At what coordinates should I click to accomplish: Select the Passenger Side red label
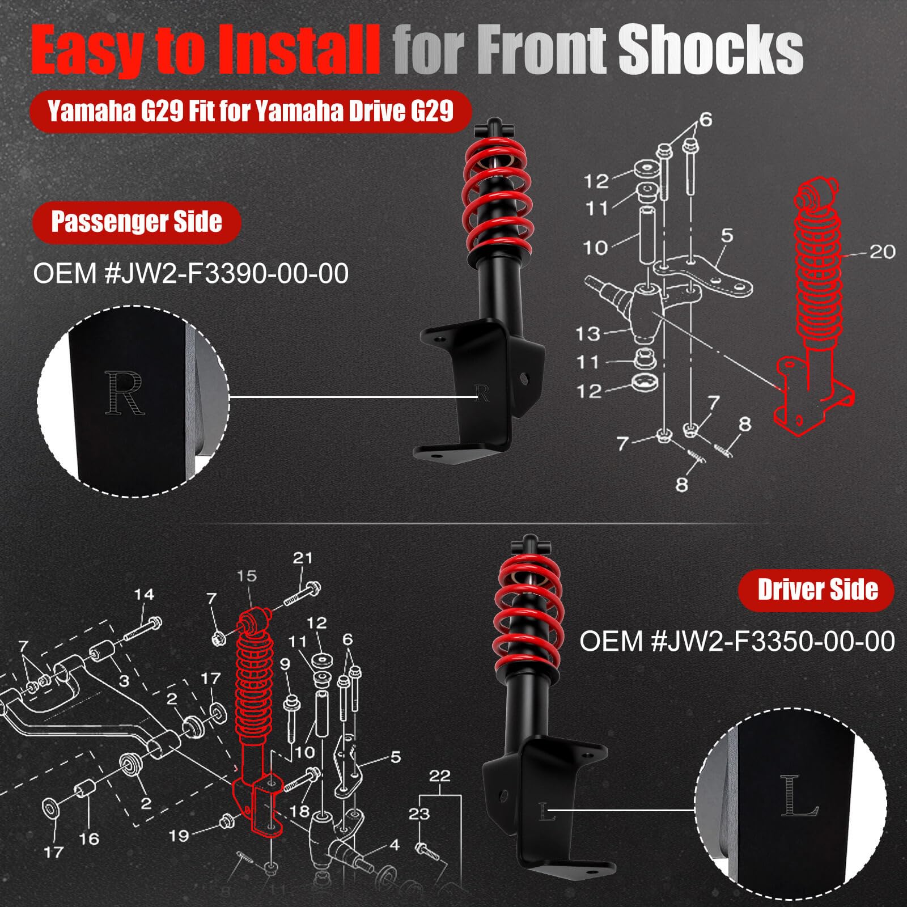pos(137,222)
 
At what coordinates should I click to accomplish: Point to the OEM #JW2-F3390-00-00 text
pos(191,274)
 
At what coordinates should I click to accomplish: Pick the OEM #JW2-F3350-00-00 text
pos(737,641)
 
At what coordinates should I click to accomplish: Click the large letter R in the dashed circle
pos(125,392)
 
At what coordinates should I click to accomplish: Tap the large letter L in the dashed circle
pos(799,795)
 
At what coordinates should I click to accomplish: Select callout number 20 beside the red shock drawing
pos(881,251)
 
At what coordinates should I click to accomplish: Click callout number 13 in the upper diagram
pos(587,333)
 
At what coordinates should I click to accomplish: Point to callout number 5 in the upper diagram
pos(727,235)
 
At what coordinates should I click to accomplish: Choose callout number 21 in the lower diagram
pos(303,558)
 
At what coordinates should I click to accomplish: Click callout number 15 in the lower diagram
pos(247,576)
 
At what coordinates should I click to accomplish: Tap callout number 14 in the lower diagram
pos(144,594)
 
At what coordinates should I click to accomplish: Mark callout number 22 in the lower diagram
pos(439,775)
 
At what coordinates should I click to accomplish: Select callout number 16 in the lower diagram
pos(89,838)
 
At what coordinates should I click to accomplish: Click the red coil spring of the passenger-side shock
pos(497,198)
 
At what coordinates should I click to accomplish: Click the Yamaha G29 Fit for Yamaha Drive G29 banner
pos(251,111)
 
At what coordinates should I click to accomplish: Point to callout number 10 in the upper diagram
pos(595,247)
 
